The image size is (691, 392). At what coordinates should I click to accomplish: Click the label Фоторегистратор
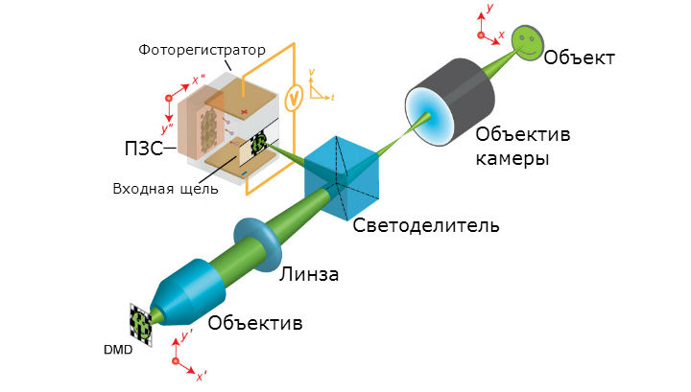[x=202, y=50]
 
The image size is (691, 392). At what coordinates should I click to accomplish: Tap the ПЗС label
[x=144, y=149]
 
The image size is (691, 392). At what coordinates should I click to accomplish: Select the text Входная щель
[x=166, y=189]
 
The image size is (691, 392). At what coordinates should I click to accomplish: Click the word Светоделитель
[x=426, y=225]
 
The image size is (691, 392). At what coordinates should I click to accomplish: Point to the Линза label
[x=309, y=274]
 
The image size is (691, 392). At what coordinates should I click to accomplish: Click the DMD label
[x=118, y=350]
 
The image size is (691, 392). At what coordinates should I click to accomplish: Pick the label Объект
[x=579, y=58]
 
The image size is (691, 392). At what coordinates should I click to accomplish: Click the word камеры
[x=512, y=158]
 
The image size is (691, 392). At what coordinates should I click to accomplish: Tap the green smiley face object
[x=528, y=42]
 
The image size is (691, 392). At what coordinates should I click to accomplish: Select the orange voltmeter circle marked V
[x=294, y=99]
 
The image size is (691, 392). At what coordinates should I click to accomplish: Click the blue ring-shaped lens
[x=257, y=244]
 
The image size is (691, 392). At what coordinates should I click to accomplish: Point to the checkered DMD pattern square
[x=141, y=325]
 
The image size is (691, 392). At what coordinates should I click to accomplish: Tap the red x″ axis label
[x=199, y=81]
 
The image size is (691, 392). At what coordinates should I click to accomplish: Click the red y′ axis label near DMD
[x=187, y=335]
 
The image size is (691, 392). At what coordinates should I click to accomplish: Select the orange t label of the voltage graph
[x=332, y=98]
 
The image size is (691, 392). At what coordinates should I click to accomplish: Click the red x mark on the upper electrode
[x=244, y=113]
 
